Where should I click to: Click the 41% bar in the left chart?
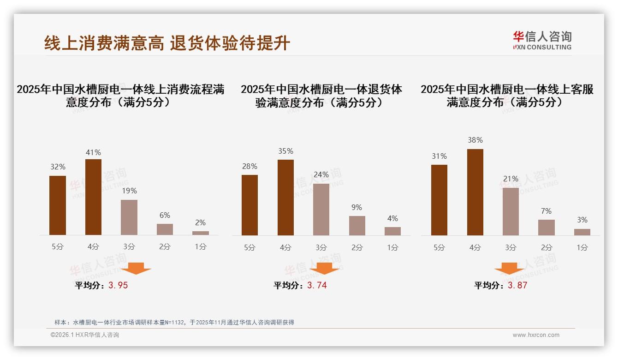pyautogui.click(x=93, y=197)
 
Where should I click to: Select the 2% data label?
pyautogui.click(x=200, y=222)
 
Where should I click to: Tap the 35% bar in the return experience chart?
pyautogui.click(x=285, y=198)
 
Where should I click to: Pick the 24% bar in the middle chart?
pyautogui.click(x=321, y=210)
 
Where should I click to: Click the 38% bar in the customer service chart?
pyautogui.click(x=475, y=192)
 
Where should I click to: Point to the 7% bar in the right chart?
pyautogui.click(x=547, y=228)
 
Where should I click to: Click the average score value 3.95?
pyautogui.click(x=118, y=285)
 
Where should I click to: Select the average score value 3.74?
pyautogui.click(x=317, y=285)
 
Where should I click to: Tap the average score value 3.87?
pyautogui.click(x=517, y=285)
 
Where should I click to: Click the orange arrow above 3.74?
pyautogui.click(x=324, y=268)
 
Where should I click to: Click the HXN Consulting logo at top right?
pyautogui.click(x=542, y=41)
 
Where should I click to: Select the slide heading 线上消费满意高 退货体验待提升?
pyautogui.click(x=167, y=43)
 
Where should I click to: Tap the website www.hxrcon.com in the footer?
pyautogui.click(x=536, y=335)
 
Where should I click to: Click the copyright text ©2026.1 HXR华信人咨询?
pyautogui.click(x=85, y=335)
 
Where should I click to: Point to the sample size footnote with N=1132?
pyautogui.click(x=174, y=323)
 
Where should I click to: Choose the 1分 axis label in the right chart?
pyautogui.click(x=582, y=247)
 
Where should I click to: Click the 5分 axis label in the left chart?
pyautogui.click(x=58, y=246)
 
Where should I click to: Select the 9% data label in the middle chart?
pyautogui.click(x=357, y=208)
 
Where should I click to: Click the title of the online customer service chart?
pyautogui.click(x=507, y=96)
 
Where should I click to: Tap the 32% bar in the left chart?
pyautogui.click(x=58, y=205)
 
